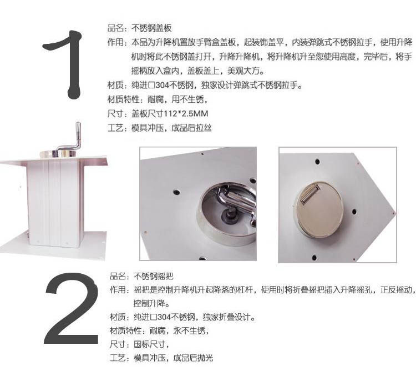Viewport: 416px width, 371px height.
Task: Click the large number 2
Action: pos(71,308)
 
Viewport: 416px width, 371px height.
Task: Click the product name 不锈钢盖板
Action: pos(151,28)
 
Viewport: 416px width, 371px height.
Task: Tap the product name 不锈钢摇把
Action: pos(153,276)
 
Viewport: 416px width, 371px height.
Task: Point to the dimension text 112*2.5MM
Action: pos(186,114)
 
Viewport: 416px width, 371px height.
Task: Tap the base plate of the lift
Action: pos(53,245)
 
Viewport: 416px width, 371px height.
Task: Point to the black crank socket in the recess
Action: pos(230,217)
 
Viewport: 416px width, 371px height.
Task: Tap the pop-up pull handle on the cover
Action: pos(311,195)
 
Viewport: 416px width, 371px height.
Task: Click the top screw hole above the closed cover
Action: pos(317,161)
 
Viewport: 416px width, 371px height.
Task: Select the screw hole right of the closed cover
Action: pos(354,212)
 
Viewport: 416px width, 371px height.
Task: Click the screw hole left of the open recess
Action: pos(176,192)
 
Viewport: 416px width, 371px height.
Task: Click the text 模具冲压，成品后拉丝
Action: pos(171,128)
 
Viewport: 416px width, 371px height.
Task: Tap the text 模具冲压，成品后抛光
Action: pos(173,358)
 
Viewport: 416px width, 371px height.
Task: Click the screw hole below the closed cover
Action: pos(314,257)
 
